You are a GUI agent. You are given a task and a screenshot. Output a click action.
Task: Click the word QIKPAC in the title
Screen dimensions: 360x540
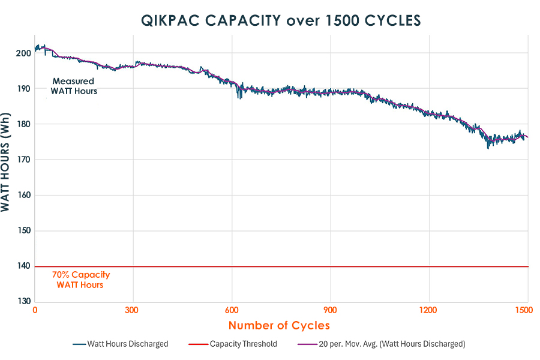(169, 20)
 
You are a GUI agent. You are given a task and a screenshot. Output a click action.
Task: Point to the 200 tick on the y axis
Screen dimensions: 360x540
(23, 53)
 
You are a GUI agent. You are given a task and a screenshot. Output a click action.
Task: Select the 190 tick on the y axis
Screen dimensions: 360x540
(23, 89)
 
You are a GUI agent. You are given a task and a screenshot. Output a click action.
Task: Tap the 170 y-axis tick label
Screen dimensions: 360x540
(23, 160)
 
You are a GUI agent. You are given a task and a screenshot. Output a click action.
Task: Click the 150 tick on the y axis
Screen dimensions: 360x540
(23, 231)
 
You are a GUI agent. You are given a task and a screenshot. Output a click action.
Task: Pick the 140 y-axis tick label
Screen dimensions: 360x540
(23, 266)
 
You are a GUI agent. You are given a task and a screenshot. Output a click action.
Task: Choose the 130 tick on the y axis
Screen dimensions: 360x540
(23, 302)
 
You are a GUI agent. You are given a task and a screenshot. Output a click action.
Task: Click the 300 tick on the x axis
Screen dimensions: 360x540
(133, 311)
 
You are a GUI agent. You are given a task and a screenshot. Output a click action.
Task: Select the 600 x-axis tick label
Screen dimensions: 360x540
(232, 311)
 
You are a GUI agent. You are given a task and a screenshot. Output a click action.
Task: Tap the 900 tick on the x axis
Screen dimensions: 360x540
(330, 311)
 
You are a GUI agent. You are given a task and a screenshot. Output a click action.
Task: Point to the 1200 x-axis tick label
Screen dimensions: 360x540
(428, 311)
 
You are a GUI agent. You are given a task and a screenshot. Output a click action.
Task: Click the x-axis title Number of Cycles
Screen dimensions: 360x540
(279, 326)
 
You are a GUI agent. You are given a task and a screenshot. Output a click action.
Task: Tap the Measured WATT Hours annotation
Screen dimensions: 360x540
(74, 86)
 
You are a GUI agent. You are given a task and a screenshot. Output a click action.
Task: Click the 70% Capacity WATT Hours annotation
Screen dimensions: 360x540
(80, 280)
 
